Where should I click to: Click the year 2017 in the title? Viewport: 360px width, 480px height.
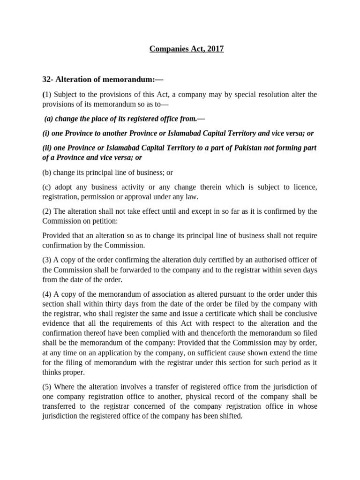click(x=215, y=49)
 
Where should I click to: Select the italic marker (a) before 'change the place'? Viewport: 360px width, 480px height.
click(x=49, y=119)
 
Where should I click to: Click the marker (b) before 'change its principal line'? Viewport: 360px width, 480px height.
click(x=47, y=172)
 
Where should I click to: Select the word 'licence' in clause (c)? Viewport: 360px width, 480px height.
click(x=305, y=187)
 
